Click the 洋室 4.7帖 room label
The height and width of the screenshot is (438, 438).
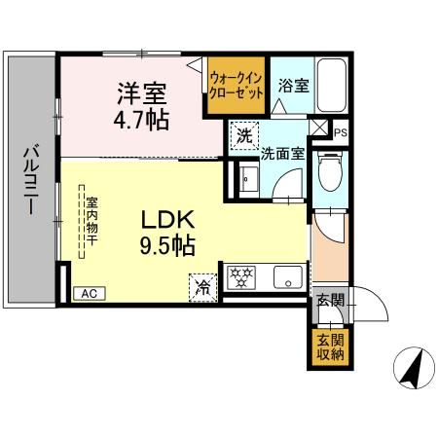(x=141, y=106)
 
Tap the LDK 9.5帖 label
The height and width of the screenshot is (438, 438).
(x=167, y=233)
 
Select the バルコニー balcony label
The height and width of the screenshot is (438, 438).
(x=31, y=180)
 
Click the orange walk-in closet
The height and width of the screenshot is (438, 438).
(x=237, y=86)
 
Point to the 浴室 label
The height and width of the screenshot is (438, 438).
(x=293, y=86)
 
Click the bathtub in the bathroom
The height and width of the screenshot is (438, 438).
(x=331, y=86)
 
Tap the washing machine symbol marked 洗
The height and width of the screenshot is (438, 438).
(x=244, y=136)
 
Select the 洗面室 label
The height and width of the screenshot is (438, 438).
(x=283, y=154)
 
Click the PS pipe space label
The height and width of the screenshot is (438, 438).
(x=341, y=132)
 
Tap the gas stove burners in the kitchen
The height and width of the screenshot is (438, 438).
(x=240, y=277)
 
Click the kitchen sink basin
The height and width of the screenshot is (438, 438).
(x=288, y=277)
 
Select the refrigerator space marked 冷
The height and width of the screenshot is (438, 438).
(x=202, y=288)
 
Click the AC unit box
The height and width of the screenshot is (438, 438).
(x=90, y=294)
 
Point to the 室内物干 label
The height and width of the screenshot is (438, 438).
(x=91, y=221)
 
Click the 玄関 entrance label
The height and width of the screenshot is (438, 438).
(x=330, y=301)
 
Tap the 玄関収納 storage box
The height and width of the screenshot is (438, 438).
(x=330, y=347)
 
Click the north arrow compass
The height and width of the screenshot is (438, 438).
(x=414, y=369)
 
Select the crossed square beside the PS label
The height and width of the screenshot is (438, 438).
(x=316, y=128)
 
